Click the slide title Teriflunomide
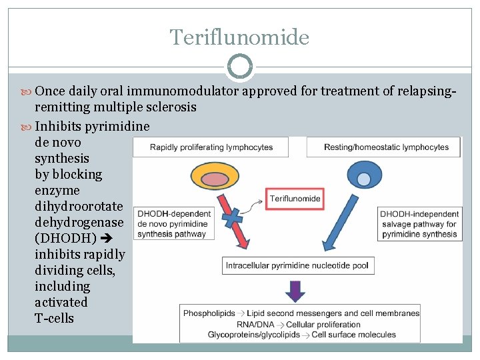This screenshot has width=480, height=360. (239, 37)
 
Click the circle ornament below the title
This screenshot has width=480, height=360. (240, 67)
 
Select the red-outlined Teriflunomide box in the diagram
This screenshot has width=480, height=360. (295, 198)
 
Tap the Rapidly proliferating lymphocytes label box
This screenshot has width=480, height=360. (211, 147)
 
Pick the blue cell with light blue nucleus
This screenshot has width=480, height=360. (363, 178)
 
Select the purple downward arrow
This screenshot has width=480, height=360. (295, 291)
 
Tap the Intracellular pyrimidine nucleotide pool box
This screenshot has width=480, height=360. (298, 265)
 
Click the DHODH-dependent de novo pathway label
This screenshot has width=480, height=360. (173, 224)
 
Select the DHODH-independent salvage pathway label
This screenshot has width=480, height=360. (419, 224)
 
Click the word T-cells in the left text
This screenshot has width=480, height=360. (54, 318)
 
